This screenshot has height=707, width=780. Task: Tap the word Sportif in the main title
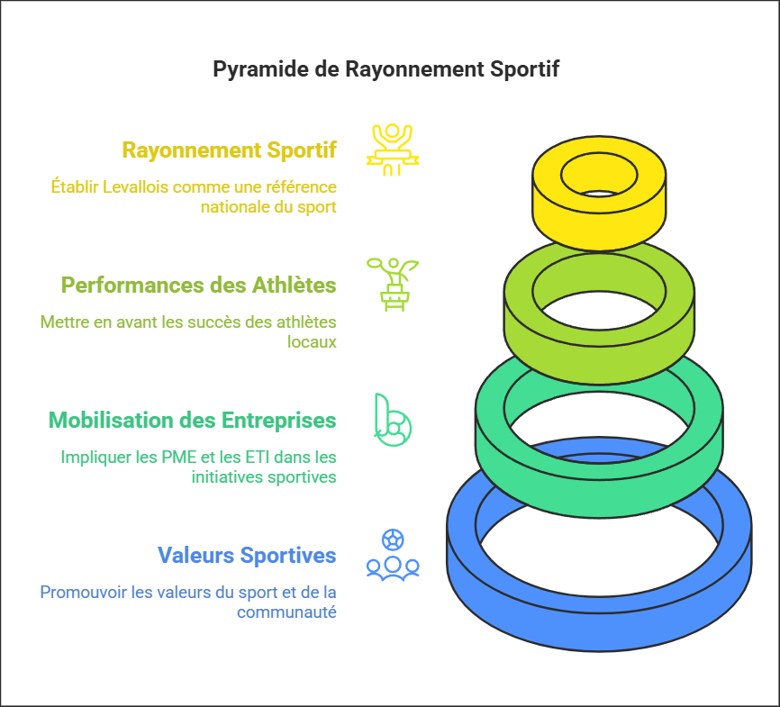click(x=526, y=69)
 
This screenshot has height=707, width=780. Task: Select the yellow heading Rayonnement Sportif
click(x=229, y=150)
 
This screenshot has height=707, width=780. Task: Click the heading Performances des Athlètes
click(x=198, y=285)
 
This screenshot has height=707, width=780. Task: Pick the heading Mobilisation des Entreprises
click(x=192, y=420)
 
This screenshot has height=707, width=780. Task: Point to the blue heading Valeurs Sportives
click(x=247, y=555)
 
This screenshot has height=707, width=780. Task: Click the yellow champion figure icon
click(x=392, y=149)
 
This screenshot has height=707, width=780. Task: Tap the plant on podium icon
click(x=392, y=284)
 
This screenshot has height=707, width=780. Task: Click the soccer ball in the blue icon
click(x=393, y=539)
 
